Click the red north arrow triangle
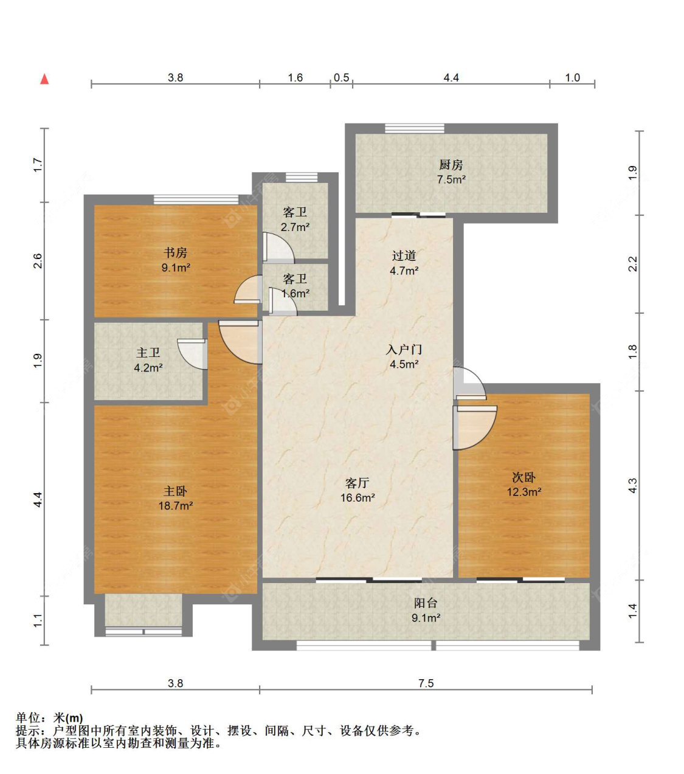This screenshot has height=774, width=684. click(45, 79)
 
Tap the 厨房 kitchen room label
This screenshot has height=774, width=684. click(451, 165)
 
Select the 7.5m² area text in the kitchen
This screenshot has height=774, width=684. click(451, 179)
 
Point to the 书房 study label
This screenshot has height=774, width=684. click(175, 252)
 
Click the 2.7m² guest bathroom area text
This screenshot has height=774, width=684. click(295, 227)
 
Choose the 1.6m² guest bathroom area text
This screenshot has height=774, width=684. click(295, 294)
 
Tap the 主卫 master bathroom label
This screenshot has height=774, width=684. click(148, 353)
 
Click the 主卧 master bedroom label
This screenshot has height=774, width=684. click(175, 491)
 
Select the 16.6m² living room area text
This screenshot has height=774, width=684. click(358, 498)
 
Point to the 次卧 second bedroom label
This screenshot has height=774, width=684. click(523, 477)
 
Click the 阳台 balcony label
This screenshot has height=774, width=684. click(426, 603)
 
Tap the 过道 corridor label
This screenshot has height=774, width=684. click(404, 255)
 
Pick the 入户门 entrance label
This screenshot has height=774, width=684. click(404, 349)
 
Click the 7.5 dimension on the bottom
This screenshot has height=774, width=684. click(426, 683)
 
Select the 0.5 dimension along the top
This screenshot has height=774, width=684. click(341, 78)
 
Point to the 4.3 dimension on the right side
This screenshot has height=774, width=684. click(633, 486)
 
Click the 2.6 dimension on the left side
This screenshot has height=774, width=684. click(38, 261)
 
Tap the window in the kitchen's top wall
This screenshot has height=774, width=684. click(415, 128)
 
